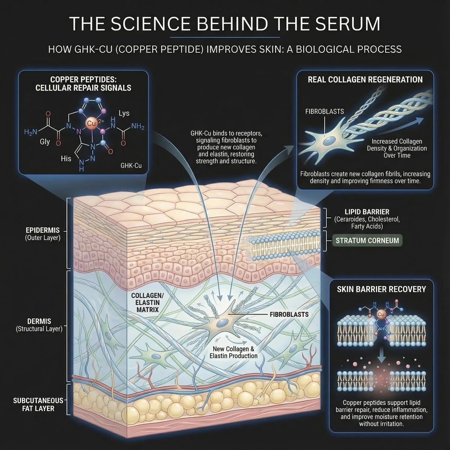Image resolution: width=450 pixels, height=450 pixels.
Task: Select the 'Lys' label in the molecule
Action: click(124, 113)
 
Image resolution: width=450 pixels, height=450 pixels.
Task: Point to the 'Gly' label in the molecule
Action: click(45, 142)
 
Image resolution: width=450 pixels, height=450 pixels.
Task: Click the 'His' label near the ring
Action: click(66, 158)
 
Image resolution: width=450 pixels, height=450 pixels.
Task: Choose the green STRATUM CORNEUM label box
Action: click(367, 241)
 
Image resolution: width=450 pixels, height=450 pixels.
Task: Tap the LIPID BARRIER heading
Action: click(367, 211)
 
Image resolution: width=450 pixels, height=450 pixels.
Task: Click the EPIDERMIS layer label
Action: click(43, 230)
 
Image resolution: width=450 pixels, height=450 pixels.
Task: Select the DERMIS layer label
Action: click(39, 321)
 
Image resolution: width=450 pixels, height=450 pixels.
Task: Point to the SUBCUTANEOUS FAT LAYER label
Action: click(38, 404)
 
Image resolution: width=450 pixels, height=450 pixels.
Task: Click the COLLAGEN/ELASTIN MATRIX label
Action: click(145, 302)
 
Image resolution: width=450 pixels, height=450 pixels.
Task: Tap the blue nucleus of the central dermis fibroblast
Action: click(223, 323)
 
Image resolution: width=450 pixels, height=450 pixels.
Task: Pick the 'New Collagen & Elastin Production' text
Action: click(233, 352)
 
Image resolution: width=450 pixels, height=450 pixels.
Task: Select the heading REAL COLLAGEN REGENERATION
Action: click(365, 79)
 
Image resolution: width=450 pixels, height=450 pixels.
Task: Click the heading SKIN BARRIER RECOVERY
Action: click(381, 289)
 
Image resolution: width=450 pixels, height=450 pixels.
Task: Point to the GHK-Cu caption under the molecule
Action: click(131, 165)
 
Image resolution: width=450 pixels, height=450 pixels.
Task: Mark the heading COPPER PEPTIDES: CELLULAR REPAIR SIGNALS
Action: click(83, 84)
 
